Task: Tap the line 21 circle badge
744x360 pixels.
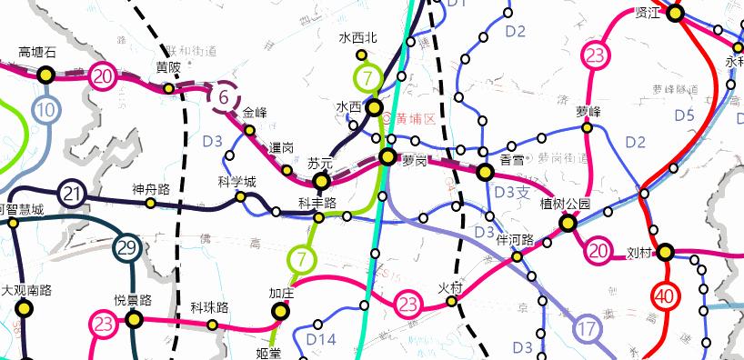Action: pyautogui.click(x=72, y=193)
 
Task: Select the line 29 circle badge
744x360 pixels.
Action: pyautogui.click(x=127, y=247)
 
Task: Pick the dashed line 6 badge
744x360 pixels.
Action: pyautogui.click(x=224, y=95)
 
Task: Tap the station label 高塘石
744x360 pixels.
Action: pyautogui.click(x=37, y=53)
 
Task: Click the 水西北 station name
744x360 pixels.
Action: pyautogui.click(x=357, y=38)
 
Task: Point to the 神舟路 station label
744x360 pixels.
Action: pyautogui.click(x=151, y=189)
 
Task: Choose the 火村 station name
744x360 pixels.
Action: pyautogui.click(x=451, y=287)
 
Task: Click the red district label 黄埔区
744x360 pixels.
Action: pyautogui.click(x=416, y=119)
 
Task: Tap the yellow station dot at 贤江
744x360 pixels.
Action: pyautogui.click(x=675, y=13)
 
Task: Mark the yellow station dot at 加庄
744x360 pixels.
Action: pyautogui.click(x=280, y=311)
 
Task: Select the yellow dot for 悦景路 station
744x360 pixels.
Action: pyautogui.click(x=135, y=318)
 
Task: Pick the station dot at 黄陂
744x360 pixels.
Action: pyautogui.click(x=168, y=88)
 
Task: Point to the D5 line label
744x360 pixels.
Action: pyautogui.click(x=684, y=115)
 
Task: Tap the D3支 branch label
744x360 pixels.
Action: pyautogui.click(x=511, y=191)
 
